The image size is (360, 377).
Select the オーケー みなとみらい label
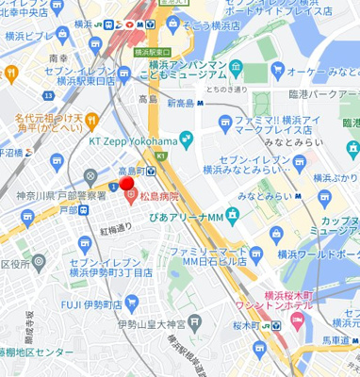click(313, 72)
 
